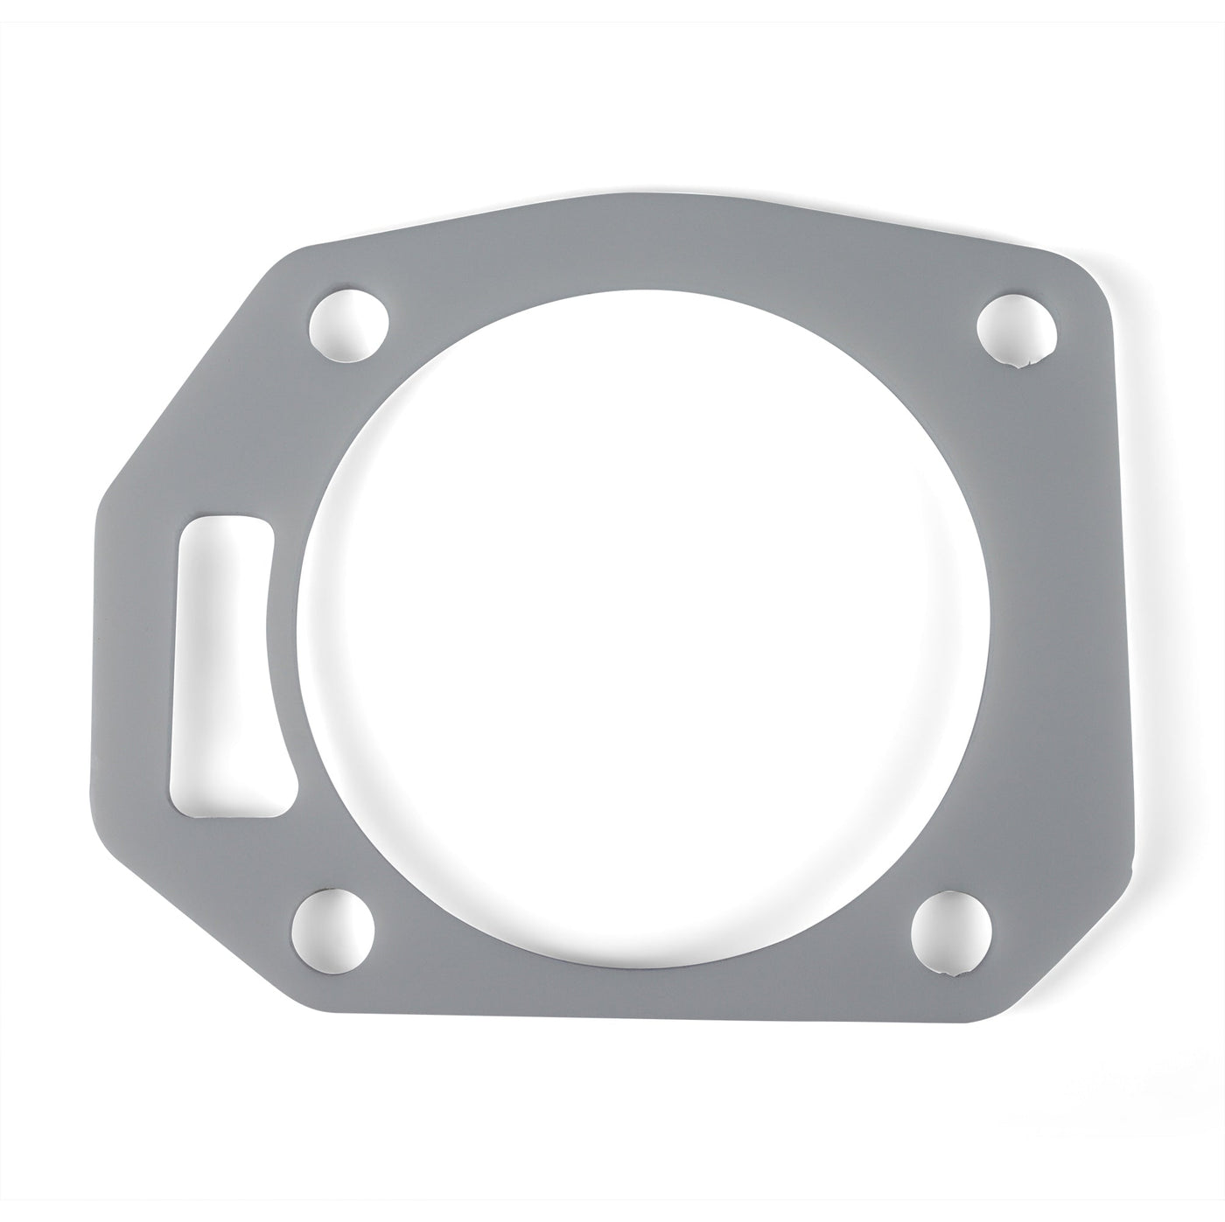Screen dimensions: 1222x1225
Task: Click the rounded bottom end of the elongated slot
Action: pyautogui.click(x=236, y=800)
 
